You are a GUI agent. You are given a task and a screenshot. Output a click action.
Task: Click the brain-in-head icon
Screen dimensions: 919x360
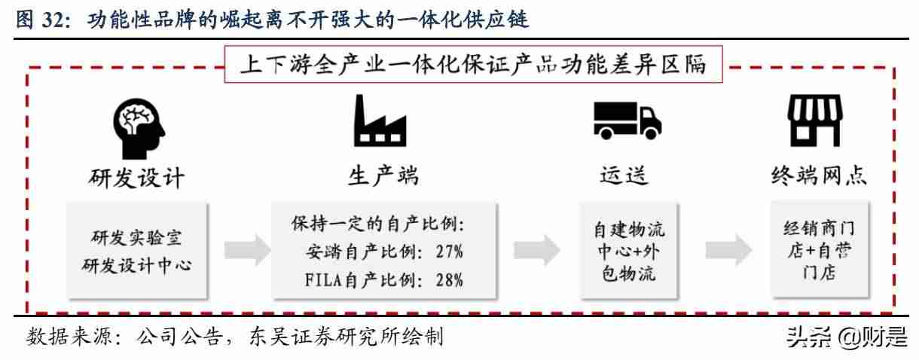(139, 128)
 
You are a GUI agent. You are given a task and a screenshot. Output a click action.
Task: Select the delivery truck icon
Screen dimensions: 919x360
(627, 121)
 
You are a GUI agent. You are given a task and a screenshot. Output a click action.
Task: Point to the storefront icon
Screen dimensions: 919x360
(815, 121)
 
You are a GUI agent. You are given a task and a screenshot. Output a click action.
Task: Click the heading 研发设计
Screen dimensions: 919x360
(136, 178)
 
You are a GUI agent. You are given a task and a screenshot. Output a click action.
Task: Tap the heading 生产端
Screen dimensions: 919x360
(383, 176)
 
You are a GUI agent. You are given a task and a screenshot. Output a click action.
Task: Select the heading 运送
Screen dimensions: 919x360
(624, 175)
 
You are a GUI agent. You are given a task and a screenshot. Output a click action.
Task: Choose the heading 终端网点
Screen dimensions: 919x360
(819, 175)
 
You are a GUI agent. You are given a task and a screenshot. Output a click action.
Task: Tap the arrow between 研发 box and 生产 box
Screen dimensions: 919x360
(247, 250)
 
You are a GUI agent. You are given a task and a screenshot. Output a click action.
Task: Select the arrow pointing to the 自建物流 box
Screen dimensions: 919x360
(536, 250)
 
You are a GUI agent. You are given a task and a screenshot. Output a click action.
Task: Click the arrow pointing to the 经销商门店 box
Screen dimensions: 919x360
(728, 250)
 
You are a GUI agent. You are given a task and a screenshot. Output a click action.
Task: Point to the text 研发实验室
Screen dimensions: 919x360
(136, 238)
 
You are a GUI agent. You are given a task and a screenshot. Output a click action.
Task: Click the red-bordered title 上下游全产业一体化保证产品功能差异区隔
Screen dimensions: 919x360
(473, 64)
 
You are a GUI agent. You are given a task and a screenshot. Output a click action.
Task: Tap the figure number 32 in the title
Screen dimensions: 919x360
(53, 20)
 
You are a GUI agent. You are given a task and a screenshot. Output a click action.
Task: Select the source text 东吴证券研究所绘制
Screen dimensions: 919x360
(346, 337)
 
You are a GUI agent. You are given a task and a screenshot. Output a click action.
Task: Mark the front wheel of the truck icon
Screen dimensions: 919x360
(650, 133)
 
